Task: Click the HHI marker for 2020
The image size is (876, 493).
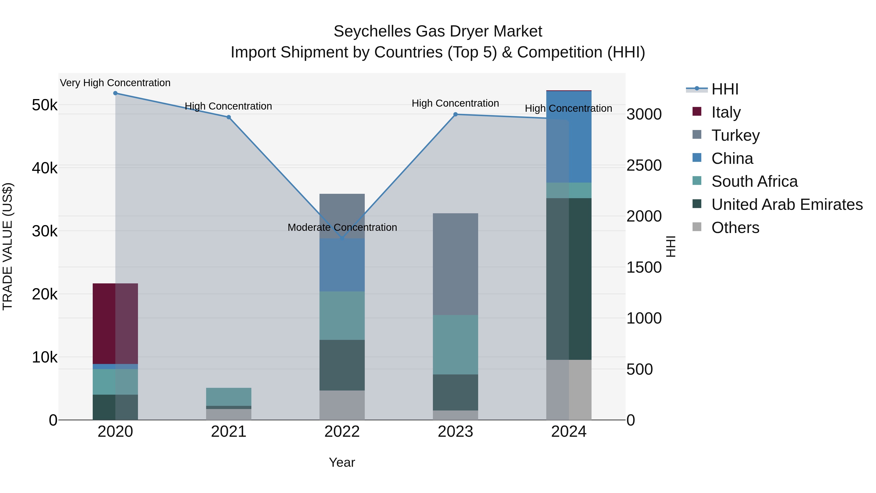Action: point(115,93)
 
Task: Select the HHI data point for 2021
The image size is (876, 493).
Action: point(228,117)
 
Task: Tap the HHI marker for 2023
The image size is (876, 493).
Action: point(455,114)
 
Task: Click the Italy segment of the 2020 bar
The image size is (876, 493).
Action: point(115,324)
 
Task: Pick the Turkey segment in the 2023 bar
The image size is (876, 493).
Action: point(455,264)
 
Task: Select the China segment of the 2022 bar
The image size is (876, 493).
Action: point(342,265)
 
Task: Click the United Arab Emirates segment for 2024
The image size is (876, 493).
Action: point(569,279)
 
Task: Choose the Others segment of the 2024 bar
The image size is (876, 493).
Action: point(569,390)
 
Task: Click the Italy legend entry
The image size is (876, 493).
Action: point(725,112)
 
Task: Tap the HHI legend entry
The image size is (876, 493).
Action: point(724,89)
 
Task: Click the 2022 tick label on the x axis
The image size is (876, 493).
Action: point(342,432)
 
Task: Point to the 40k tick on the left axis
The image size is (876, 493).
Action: point(45,168)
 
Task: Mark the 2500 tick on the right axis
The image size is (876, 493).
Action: point(644,165)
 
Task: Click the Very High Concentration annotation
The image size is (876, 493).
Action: point(115,83)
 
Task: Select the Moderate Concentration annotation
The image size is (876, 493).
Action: point(342,227)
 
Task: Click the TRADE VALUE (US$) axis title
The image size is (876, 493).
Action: point(8,246)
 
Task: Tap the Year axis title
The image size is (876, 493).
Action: point(342,462)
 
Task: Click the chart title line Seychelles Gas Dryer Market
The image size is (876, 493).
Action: point(438,31)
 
